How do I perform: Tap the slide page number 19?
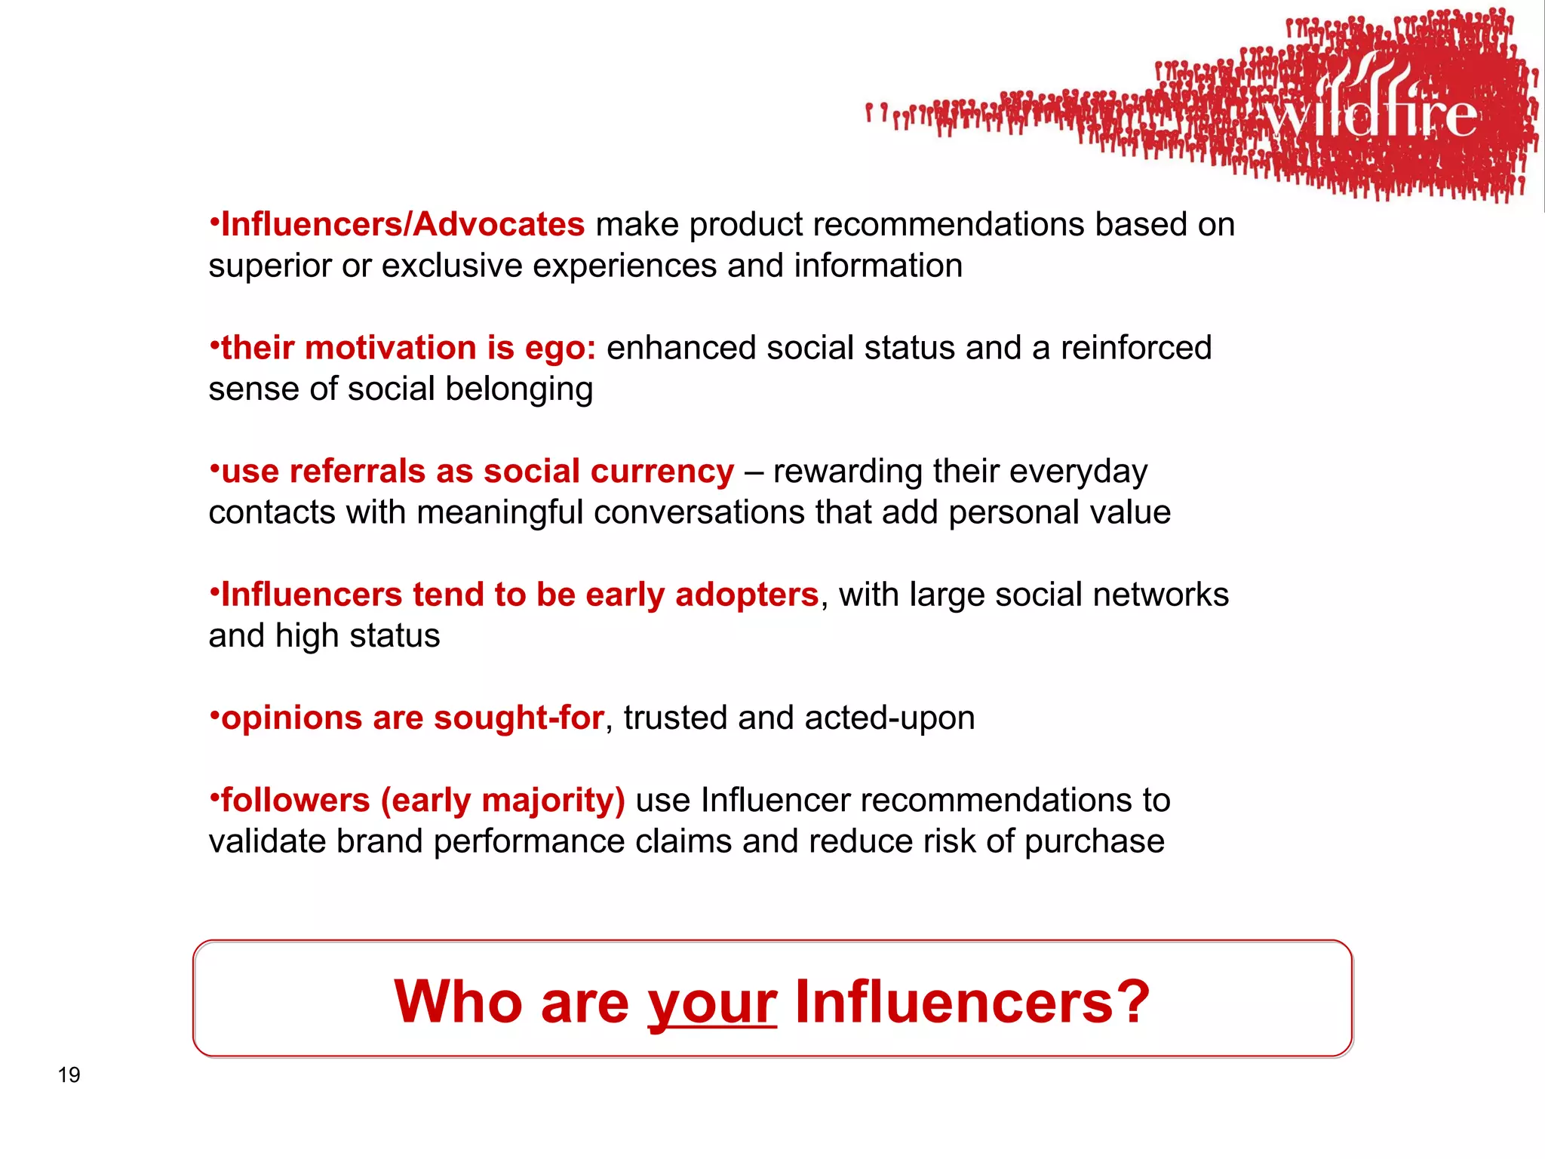click(x=69, y=1074)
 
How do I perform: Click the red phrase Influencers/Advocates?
click(x=403, y=225)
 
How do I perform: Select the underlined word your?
click(x=712, y=1004)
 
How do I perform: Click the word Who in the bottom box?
click(x=458, y=1002)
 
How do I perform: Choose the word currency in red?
click(x=662, y=472)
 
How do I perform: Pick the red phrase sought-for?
click(x=518, y=718)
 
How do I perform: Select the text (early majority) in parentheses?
click(x=502, y=801)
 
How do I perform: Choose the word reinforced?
click(x=1135, y=349)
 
